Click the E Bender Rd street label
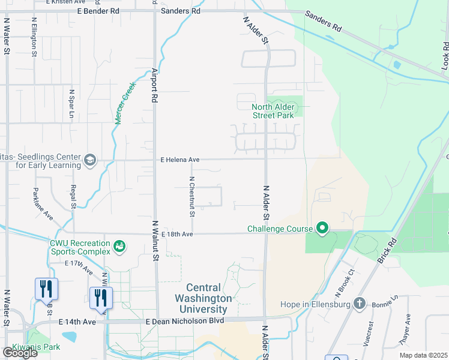98,11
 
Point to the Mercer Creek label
126,103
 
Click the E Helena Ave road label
179,160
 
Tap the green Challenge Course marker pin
322,228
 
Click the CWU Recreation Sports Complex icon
119,245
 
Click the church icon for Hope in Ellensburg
360,304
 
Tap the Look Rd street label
445,53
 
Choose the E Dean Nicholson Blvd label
185,321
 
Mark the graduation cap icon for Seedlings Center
89,159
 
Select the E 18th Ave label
176,234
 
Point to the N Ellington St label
34,37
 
